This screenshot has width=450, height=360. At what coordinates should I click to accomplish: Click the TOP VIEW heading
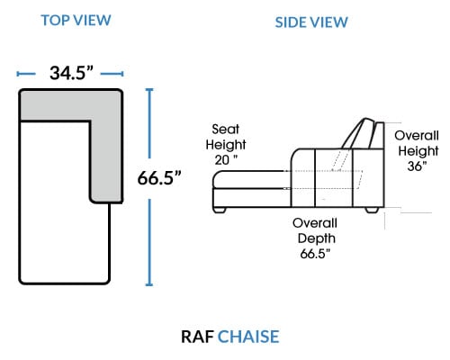[x=76, y=21]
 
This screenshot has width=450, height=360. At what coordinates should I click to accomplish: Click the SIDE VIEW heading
[x=311, y=22]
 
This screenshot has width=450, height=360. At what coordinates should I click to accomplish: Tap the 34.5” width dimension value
[x=71, y=73]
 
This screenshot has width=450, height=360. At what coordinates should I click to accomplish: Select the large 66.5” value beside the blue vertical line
[x=159, y=177]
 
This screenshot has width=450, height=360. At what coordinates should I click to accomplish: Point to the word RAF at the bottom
[x=197, y=337]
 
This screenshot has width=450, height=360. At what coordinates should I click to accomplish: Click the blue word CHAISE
[x=248, y=337]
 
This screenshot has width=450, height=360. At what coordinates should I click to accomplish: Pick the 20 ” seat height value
[x=226, y=160]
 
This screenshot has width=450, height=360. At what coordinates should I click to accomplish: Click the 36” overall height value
[x=417, y=166]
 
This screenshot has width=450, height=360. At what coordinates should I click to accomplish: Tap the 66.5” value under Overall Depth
[x=315, y=254]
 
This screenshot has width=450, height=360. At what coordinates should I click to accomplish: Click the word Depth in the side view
[x=317, y=238]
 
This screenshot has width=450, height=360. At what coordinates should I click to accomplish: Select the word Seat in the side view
[x=225, y=130]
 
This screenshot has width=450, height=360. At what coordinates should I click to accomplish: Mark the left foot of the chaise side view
[x=220, y=210]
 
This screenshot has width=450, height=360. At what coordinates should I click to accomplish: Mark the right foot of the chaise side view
[x=372, y=210]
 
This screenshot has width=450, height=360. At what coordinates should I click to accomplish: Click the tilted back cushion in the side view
[x=359, y=133]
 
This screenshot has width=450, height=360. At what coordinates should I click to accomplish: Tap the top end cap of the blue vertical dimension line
[x=149, y=89]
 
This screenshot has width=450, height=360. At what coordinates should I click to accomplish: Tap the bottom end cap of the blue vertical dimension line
[x=149, y=284]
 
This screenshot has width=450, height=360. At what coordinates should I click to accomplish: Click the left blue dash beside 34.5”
[x=26, y=74]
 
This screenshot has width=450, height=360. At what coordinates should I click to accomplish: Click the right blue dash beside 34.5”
[x=112, y=74]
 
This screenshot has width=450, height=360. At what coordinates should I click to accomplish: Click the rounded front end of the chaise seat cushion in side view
[x=217, y=179]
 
